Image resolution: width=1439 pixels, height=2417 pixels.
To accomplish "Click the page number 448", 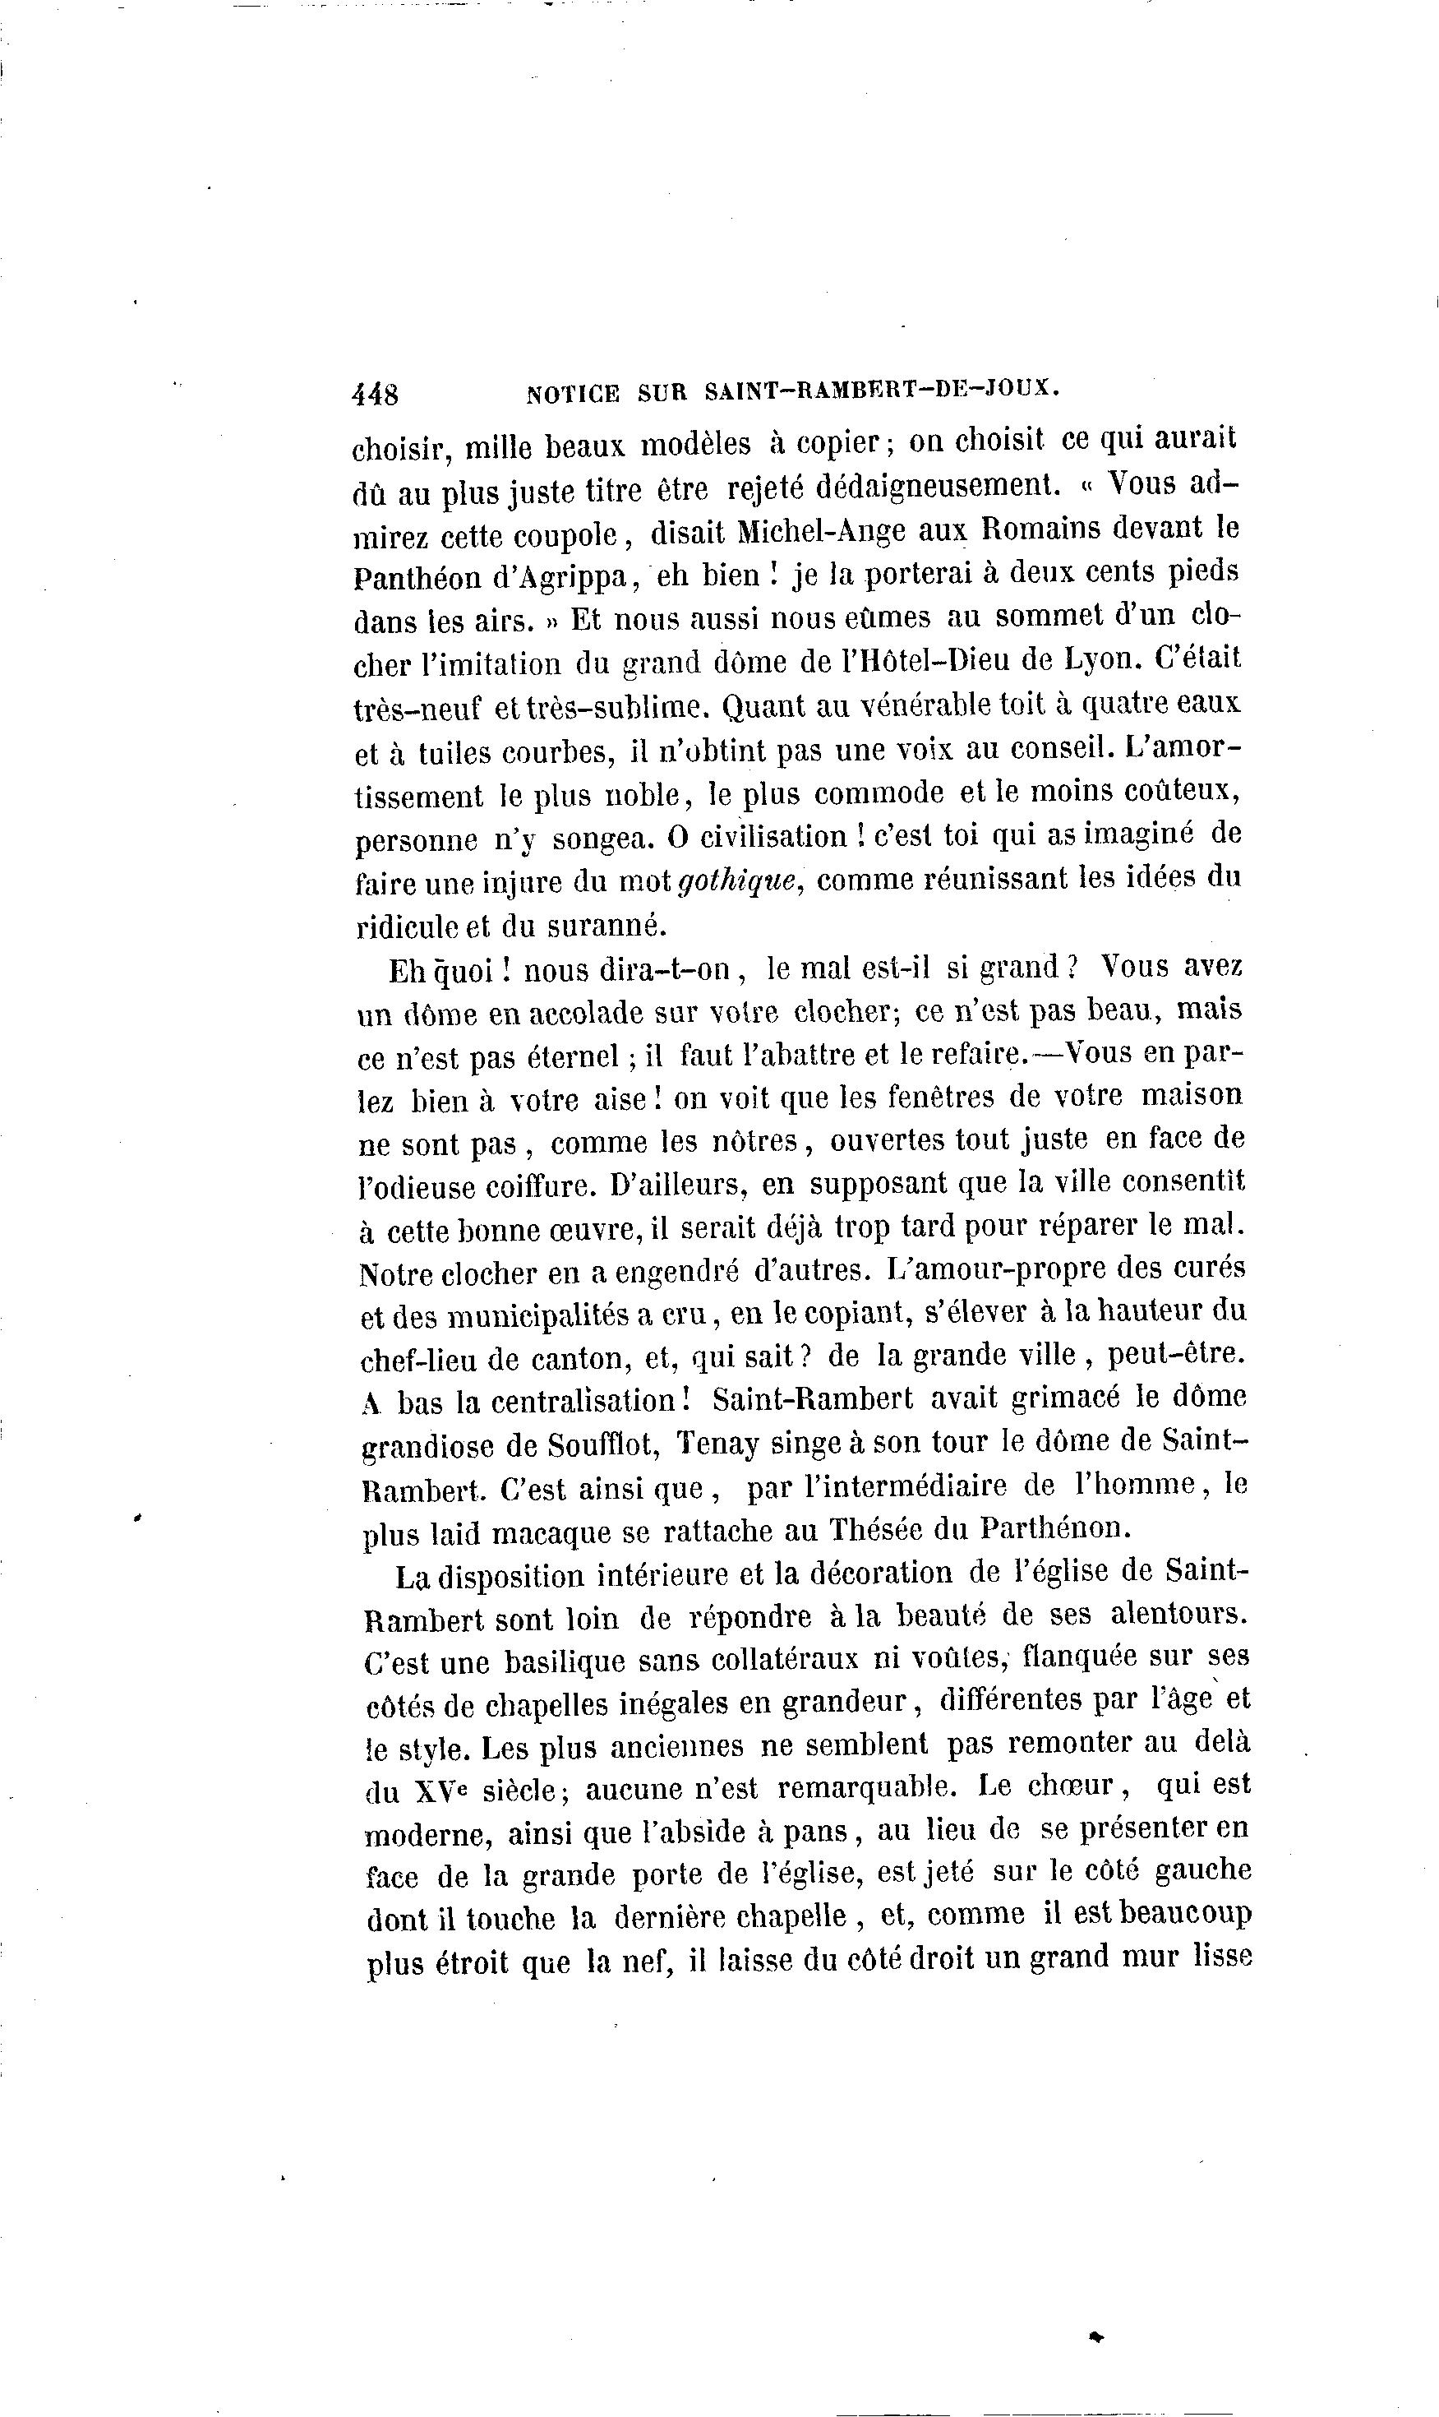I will click(376, 394).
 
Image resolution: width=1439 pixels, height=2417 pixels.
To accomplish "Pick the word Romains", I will click(1040, 528).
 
